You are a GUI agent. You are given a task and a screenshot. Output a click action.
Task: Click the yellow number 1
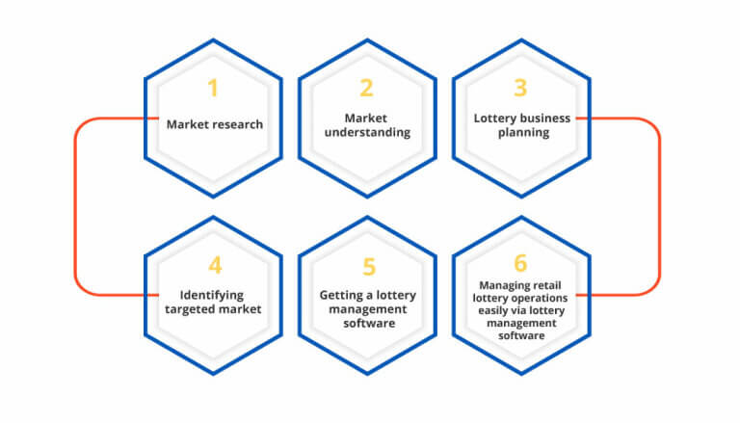pyautogui.click(x=213, y=88)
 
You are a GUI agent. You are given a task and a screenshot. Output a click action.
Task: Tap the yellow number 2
pyautogui.click(x=367, y=88)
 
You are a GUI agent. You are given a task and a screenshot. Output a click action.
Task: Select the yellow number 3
pyautogui.click(x=520, y=88)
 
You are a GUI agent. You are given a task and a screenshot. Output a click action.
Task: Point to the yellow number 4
pyautogui.click(x=215, y=265)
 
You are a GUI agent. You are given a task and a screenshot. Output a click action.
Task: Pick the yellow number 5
pyautogui.click(x=369, y=267)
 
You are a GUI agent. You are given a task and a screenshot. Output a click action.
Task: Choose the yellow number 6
pyautogui.click(x=520, y=263)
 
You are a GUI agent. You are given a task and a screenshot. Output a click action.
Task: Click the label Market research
pyautogui.click(x=215, y=124)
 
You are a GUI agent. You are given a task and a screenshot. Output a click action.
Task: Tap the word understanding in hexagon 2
pyautogui.click(x=367, y=133)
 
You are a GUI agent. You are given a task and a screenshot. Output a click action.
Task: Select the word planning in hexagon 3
pyautogui.click(x=523, y=133)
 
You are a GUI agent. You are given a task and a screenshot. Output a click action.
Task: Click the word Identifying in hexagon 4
pyautogui.click(x=212, y=296)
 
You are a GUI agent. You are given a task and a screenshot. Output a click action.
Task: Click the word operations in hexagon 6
pyautogui.click(x=541, y=299)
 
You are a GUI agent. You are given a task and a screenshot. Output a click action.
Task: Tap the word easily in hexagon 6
pyautogui.click(x=491, y=311)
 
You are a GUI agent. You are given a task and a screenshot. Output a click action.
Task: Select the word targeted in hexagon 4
pyautogui.click(x=190, y=309)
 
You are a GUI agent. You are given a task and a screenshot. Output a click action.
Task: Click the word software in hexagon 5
pyautogui.click(x=369, y=324)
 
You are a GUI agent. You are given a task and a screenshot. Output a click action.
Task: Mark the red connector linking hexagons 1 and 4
pyautogui.click(x=75, y=206)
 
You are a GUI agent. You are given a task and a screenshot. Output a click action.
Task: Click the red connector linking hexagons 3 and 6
pyautogui.click(x=659, y=206)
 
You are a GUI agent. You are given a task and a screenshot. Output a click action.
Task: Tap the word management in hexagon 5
pyautogui.click(x=368, y=309)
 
